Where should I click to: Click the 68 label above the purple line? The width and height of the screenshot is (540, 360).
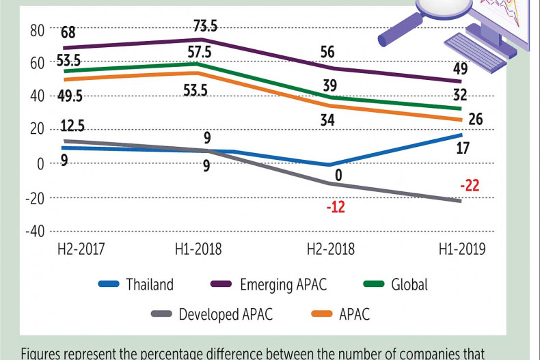click(x=68, y=33)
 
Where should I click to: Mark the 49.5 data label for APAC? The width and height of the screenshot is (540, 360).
click(x=70, y=96)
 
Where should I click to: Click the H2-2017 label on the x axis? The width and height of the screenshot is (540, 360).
click(x=81, y=249)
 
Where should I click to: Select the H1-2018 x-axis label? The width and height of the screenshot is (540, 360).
click(x=198, y=249)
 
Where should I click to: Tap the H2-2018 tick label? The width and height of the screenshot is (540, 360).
click(x=330, y=249)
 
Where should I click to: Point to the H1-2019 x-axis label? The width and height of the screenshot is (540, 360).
click(x=461, y=249)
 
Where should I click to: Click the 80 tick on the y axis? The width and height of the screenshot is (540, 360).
click(x=37, y=30)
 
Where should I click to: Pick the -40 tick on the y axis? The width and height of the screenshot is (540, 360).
click(x=34, y=231)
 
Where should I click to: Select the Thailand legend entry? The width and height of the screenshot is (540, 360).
click(x=150, y=285)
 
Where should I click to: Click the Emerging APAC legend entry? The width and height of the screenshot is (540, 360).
click(x=283, y=285)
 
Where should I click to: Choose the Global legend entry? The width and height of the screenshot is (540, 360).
click(x=409, y=285)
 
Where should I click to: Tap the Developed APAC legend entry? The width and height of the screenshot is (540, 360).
click(x=226, y=315)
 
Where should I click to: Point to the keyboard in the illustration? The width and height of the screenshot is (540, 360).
click(x=475, y=52)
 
